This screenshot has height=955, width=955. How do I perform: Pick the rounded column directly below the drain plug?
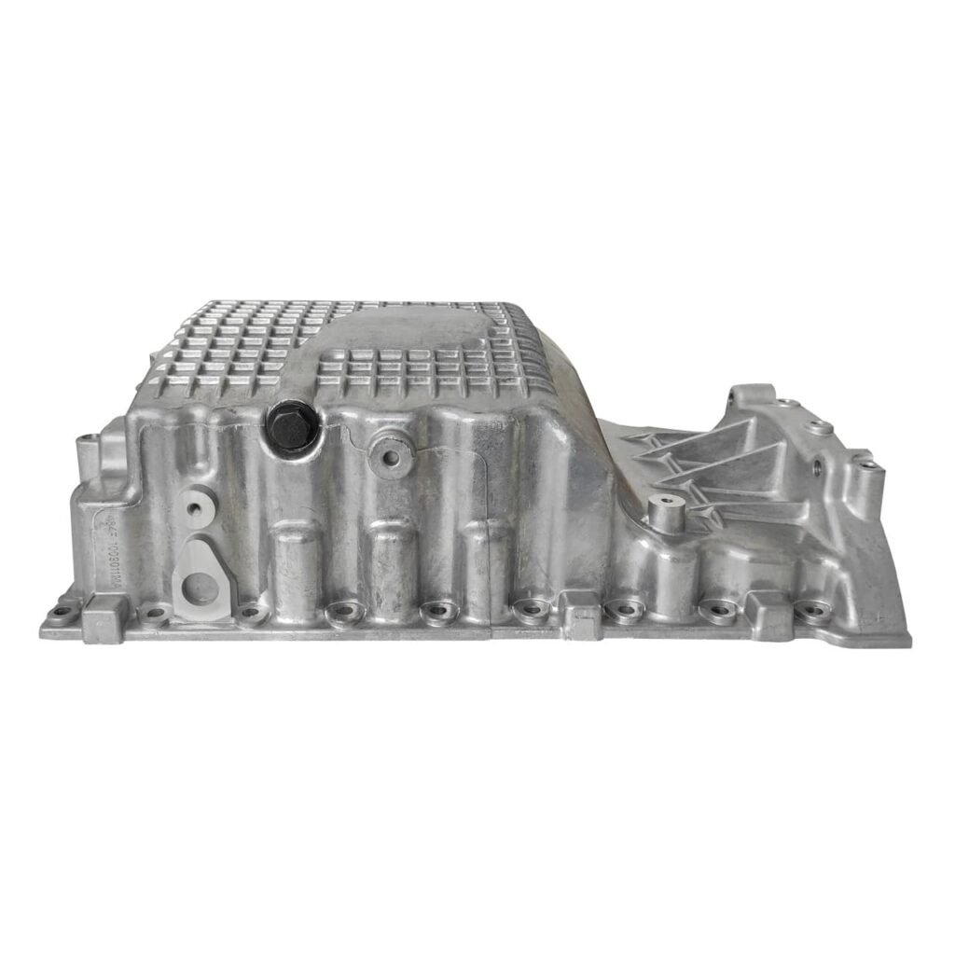(x=297, y=560)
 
